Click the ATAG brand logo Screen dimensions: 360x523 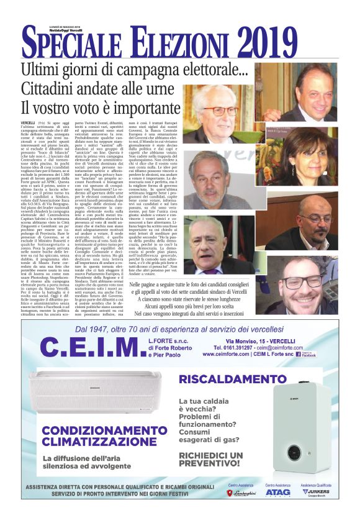[x=277, y=493]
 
